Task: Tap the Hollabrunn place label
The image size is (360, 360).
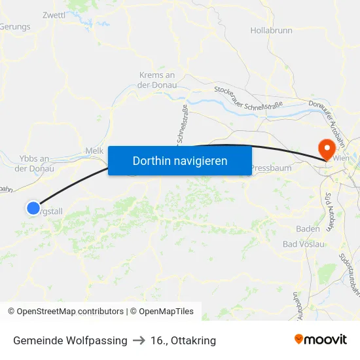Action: click(271, 30)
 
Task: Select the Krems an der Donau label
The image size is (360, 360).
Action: click(157, 80)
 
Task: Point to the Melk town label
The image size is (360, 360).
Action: click(94, 151)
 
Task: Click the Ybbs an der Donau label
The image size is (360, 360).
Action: click(35, 163)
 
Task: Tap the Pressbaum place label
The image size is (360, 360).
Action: click(270, 168)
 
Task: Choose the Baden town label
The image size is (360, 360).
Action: click(308, 228)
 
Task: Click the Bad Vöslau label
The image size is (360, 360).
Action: click(303, 244)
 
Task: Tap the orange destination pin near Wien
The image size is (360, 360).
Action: click(325, 149)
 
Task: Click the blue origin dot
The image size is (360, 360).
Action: click(33, 208)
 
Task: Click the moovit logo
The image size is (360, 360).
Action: click(321, 340)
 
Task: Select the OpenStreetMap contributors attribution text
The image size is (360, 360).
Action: click(65, 312)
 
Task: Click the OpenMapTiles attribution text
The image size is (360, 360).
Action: click(162, 312)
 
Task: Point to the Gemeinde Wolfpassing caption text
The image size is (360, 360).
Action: click(70, 340)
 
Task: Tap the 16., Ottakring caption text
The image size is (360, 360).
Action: click(183, 340)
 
